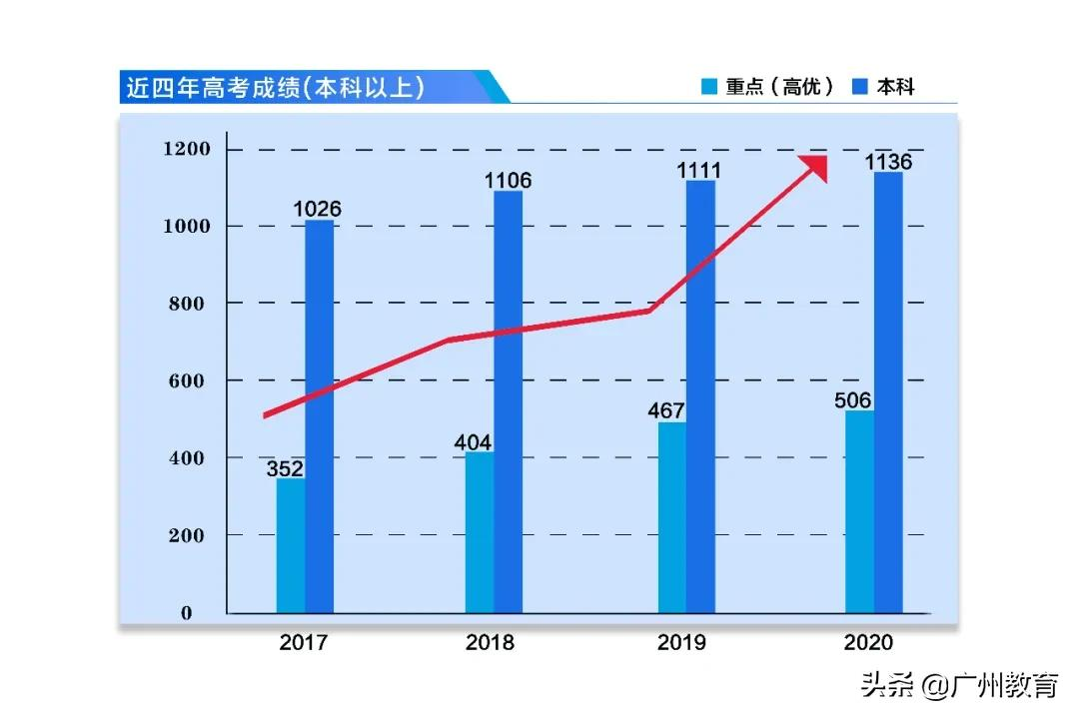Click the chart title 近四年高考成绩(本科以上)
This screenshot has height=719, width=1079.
pyautogui.click(x=275, y=88)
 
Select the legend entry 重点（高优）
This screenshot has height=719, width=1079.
pyautogui.click(x=769, y=87)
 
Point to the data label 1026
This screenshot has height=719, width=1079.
pyautogui.click(x=317, y=209)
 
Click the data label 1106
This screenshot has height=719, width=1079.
pyautogui.click(x=508, y=181)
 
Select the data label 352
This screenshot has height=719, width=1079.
pyautogui.click(x=285, y=468)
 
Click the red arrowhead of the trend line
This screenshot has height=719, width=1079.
pyautogui.click(x=813, y=167)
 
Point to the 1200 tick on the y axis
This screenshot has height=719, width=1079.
pyautogui.click(x=187, y=150)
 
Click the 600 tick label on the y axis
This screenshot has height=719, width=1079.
pyautogui.click(x=187, y=380)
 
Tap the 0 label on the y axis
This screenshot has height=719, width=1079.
pyautogui.click(x=187, y=613)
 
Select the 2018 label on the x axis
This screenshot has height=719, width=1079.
pyautogui.click(x=490, y=642)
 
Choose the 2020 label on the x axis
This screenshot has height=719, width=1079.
pyautogui.click(x=868, y=642)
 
